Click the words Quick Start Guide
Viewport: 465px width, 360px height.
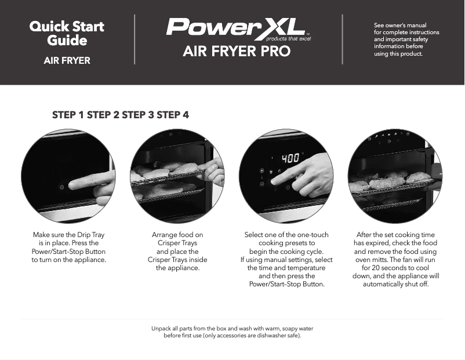point(67,33)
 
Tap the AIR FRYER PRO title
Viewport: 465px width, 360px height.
point(237,52)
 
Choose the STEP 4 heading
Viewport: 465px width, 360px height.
point(172,115)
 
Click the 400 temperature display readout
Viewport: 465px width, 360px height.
point(290,158)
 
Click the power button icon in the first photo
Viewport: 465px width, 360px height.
point(61,187)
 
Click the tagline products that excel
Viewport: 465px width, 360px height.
point(288,39)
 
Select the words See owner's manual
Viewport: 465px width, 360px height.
point(400,26)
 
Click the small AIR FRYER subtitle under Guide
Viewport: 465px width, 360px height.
point(67,60)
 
